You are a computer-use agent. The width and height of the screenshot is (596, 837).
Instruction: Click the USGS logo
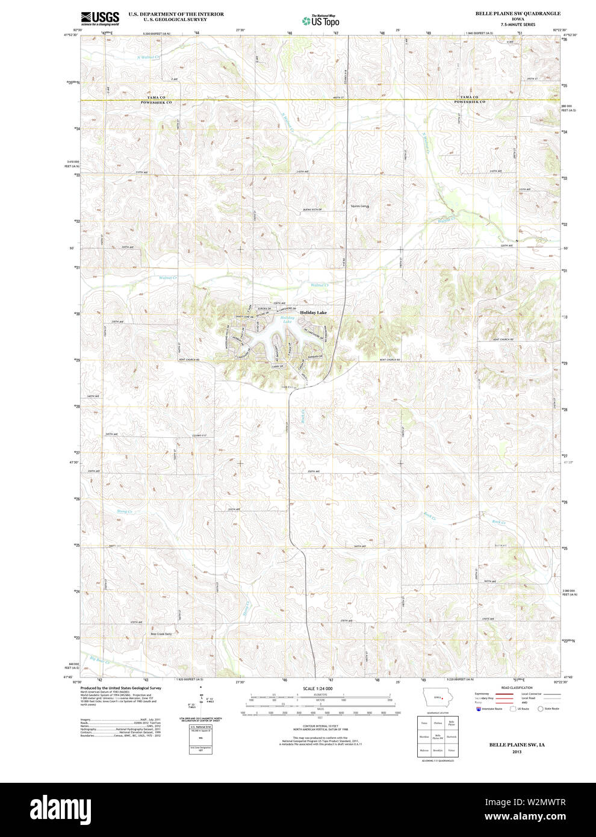pyautogui.click(x=99, y=17)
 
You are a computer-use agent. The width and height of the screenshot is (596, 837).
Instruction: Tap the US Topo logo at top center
pyautogui.click(x=320, y=20)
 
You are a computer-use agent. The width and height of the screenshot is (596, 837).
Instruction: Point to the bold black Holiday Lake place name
pyautogui.click(x=313, y=313)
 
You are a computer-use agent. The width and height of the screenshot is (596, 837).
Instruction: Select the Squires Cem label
pyautogui.click(x=359, y=206)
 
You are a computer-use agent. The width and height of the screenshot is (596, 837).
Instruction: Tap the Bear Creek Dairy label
pyautogui.click(x=161, y=633)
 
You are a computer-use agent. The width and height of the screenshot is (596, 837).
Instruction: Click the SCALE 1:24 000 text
pyautogui.click(x=317, y=688)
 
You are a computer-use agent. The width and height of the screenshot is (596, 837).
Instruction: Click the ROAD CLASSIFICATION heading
pyautogui.click(x=517, y=688)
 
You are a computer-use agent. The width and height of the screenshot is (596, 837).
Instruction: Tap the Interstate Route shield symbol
pyautogui.click(x=479, y=709)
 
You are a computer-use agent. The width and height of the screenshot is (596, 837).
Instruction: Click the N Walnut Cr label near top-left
pyautogui.click(x=149, y=57)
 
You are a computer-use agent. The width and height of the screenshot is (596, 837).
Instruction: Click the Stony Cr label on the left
pyautogui.click(x=124, y=511)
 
